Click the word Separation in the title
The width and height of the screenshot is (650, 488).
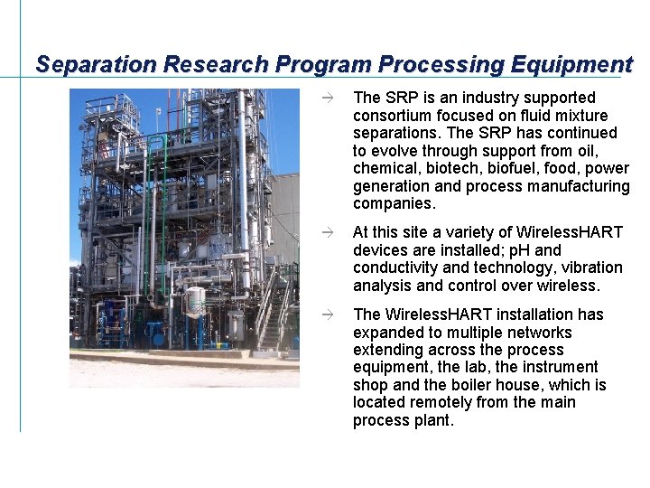coord(94,65)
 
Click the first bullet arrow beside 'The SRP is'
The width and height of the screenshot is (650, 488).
coord(331,97)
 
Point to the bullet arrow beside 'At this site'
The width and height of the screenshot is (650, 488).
coord(331,232)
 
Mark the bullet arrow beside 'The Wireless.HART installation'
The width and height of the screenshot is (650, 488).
coord(331,314)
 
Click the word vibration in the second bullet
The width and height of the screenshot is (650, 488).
coord(591,267)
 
